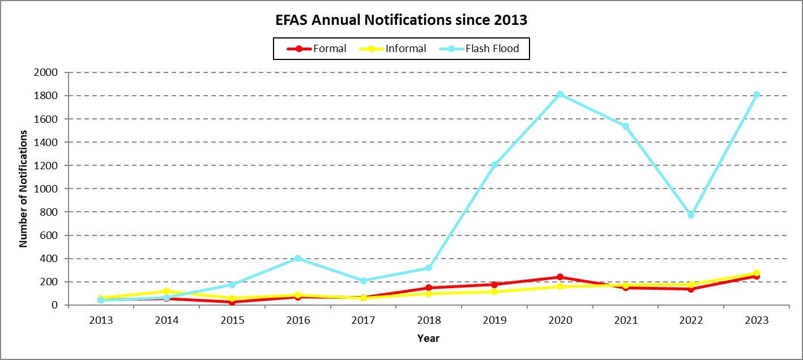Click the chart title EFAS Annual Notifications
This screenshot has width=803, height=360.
(x=401, y=20)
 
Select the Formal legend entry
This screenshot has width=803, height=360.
(x=317, y=49)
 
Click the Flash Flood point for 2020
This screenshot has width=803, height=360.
(x=559, y=94)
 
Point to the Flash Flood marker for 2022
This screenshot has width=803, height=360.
(x=691, y=215)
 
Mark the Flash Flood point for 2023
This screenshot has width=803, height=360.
(x=757, y=95)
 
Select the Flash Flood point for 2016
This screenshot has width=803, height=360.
(x=298, y=258)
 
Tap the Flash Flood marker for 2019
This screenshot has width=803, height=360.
(x=494, y=165)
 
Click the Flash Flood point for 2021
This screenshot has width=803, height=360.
(x=626, y=126)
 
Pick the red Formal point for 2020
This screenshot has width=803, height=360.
(x=559, y=277)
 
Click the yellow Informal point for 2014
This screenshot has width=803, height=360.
(x=166, y=291)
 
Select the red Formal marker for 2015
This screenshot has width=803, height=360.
(x=232, y=302)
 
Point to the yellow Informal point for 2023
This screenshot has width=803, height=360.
(x=757, y=273)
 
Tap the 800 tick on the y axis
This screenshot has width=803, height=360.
(x=50, y=212)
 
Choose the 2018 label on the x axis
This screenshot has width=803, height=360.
(x=429, y=320)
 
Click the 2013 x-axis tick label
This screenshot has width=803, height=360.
(x=101, y=320)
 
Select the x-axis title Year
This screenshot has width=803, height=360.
(x=428, y=338)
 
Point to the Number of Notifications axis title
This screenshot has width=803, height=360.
(x=24, y=188)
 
